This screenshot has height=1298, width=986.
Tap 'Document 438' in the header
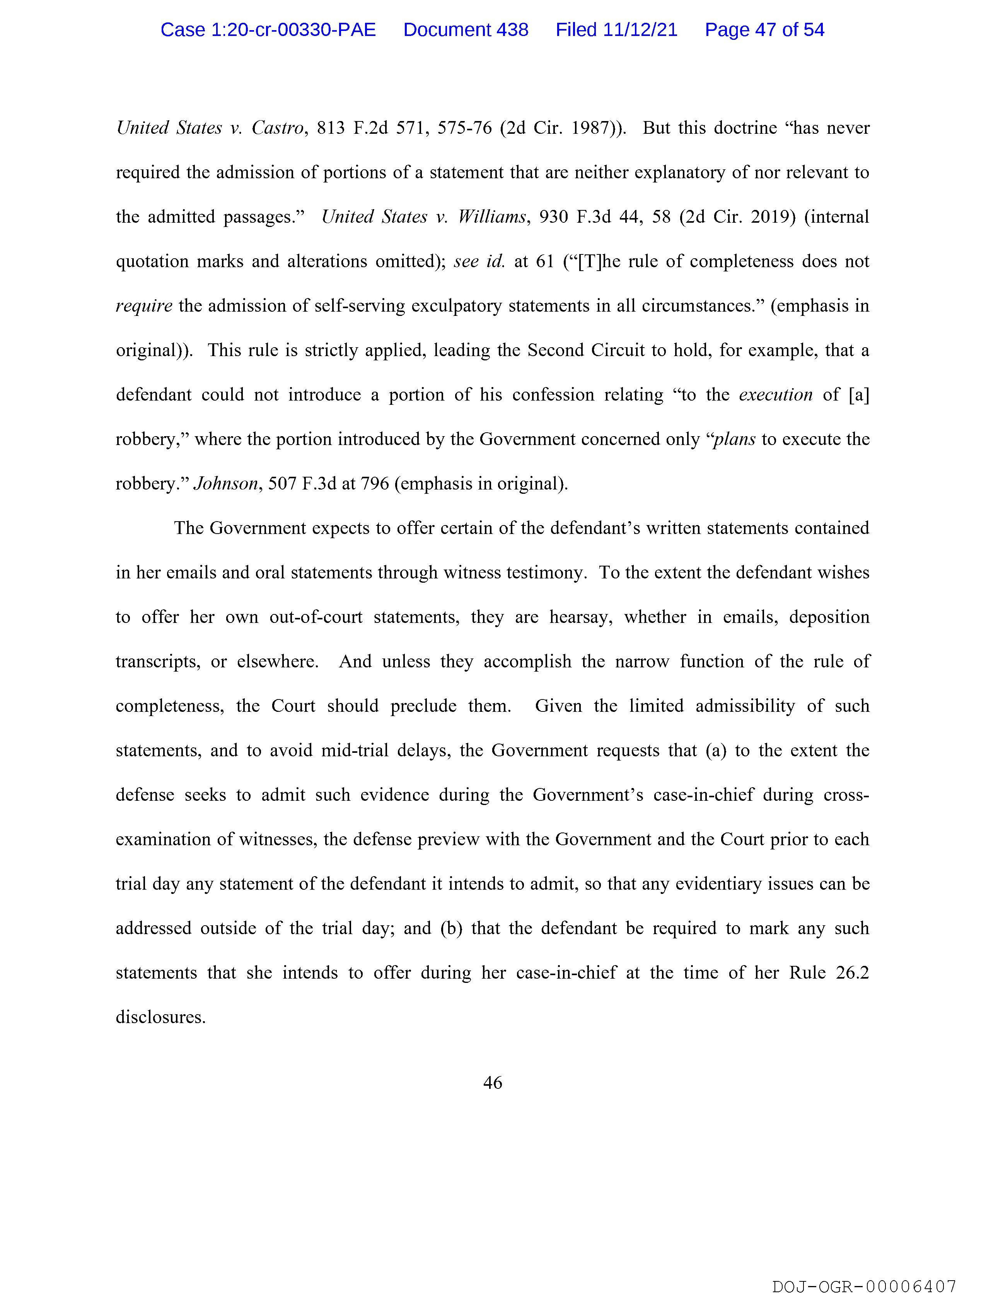coord(466,30)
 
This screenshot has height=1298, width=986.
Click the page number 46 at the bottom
coord(492,1083)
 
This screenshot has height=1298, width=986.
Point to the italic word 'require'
coord(144,306)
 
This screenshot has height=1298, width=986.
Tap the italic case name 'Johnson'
coord(225,484)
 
